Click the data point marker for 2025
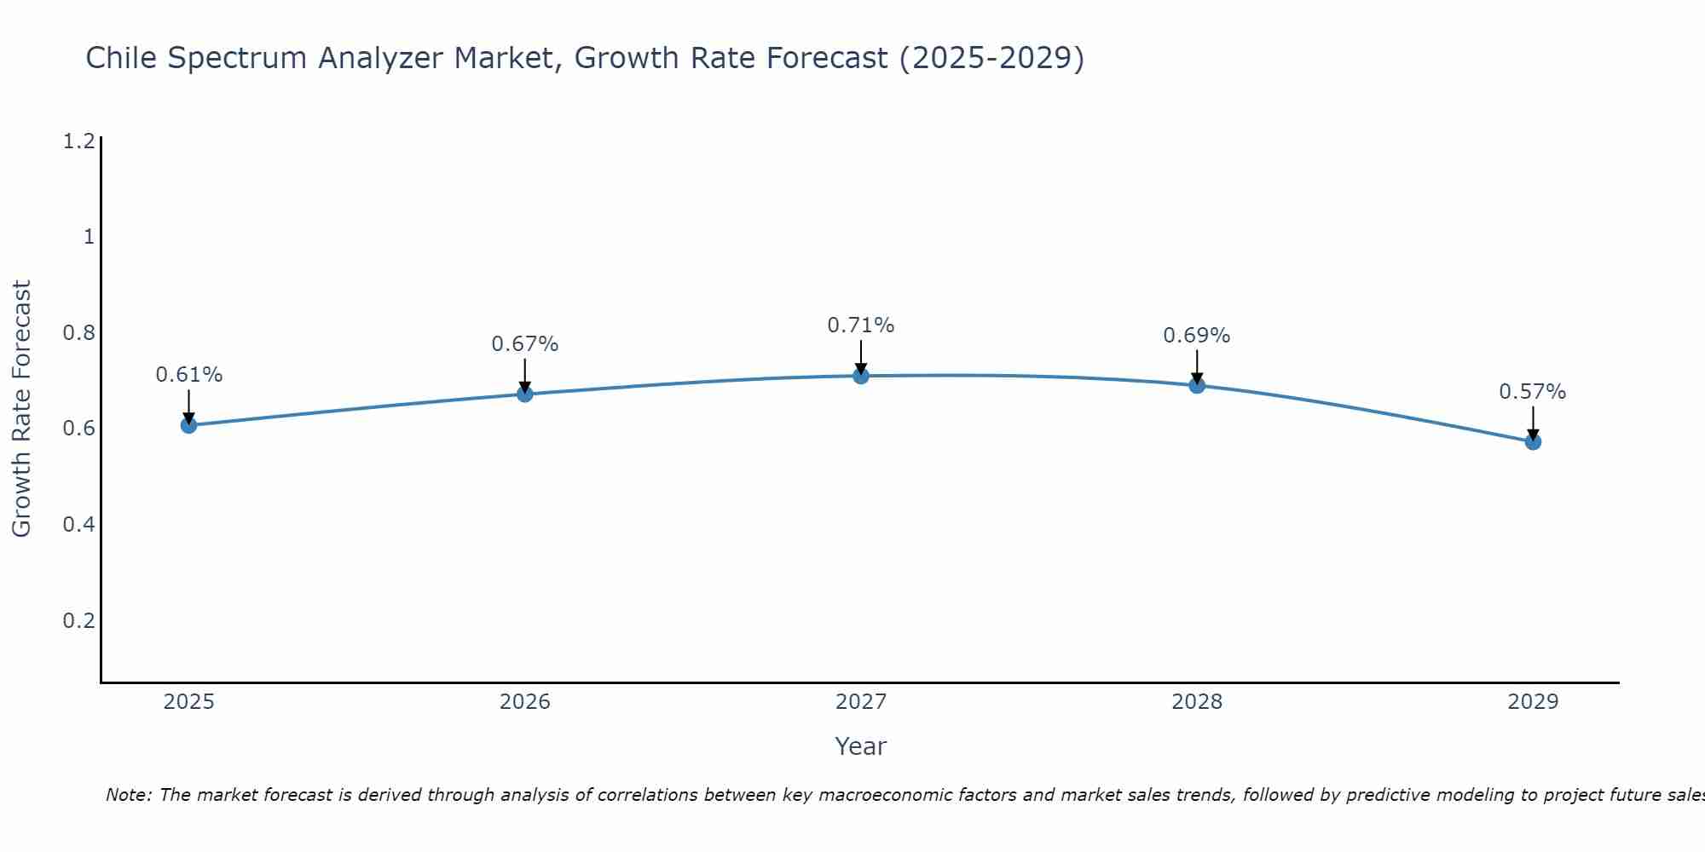[x=189, y=425]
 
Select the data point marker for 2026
[x=525, y=394]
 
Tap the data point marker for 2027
[x=861, y=376]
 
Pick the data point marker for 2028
[x=1197, y=385]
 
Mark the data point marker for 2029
[x=1533, y=441]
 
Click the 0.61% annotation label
[x=189, y=375]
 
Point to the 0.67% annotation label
[x=525, y=344]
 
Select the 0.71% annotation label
[x=861, y=325]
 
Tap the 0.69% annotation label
[x=1197, y=336]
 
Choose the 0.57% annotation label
[x=1533, y=392]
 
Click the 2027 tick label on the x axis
[x=861, y=702]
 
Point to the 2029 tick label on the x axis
[x=1533, y=702]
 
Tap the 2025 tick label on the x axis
[x=189, y=702]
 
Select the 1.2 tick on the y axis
[x=78, y=141]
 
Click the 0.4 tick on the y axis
[x=78, y=524]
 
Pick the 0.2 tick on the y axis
[x=78, y=620]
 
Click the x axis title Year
[x=861, y=746]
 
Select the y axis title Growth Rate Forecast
[x=21, y=409]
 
